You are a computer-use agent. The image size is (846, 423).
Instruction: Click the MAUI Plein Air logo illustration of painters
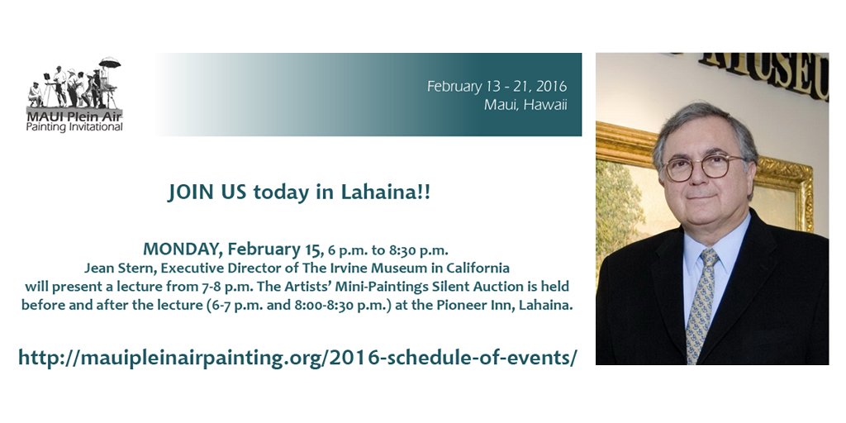74,83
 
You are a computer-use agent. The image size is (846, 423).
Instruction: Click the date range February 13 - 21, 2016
497,87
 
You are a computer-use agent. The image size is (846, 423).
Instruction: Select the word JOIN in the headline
191,192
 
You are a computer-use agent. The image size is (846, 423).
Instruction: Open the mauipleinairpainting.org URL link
297,358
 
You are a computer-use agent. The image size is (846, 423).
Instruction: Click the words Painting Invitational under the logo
74,127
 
